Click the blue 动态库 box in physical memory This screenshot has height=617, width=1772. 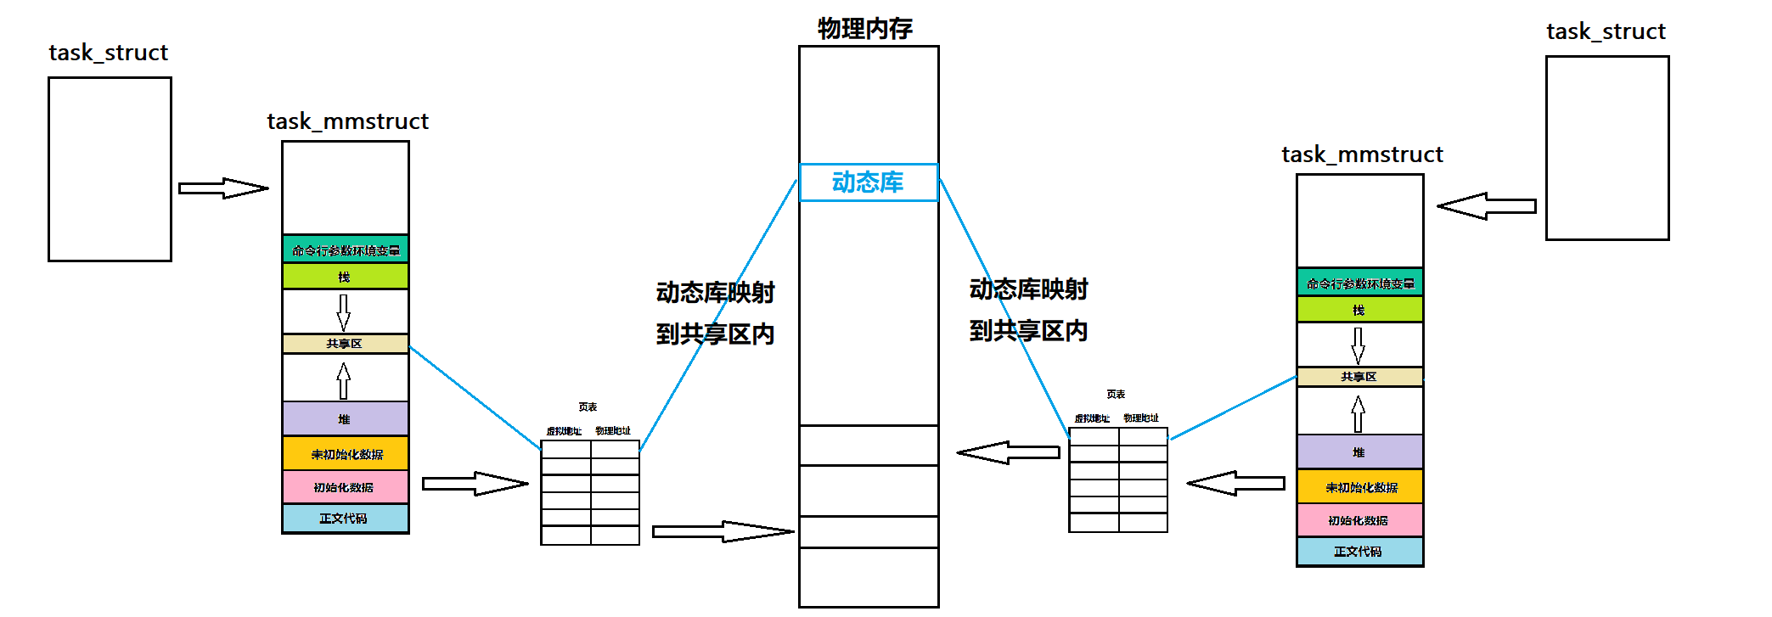click(868, 182)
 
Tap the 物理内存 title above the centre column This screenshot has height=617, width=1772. click(865, 29)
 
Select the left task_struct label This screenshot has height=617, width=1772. click(109, 53)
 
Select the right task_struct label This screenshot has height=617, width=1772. click(1606, 31)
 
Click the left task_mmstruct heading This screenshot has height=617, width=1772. click(347, 121)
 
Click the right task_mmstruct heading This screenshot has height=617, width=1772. click(1362, 154)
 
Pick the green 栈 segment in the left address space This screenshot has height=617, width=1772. click(345, 277)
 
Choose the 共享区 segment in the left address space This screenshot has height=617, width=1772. click(345, 344)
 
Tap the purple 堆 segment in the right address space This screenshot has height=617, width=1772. click(1359, 452)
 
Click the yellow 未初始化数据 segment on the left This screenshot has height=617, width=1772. click(346, 454)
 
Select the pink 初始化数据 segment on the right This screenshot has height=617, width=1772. click(1359, 520)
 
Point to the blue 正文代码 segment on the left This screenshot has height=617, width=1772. click(345, 519)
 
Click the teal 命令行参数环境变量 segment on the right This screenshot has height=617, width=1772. click(1359, 283)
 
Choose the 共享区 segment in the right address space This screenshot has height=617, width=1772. click(1359, 377)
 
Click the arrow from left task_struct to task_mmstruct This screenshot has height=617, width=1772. click(223, 188)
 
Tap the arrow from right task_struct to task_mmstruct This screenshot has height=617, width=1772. click(1487, 206)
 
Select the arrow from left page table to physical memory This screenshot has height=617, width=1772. click(723, 532)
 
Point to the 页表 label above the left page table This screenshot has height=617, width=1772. click(588, 407)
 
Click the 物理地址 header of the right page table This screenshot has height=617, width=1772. click(1141, 418)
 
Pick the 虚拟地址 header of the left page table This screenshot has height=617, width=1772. click(564, 431)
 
